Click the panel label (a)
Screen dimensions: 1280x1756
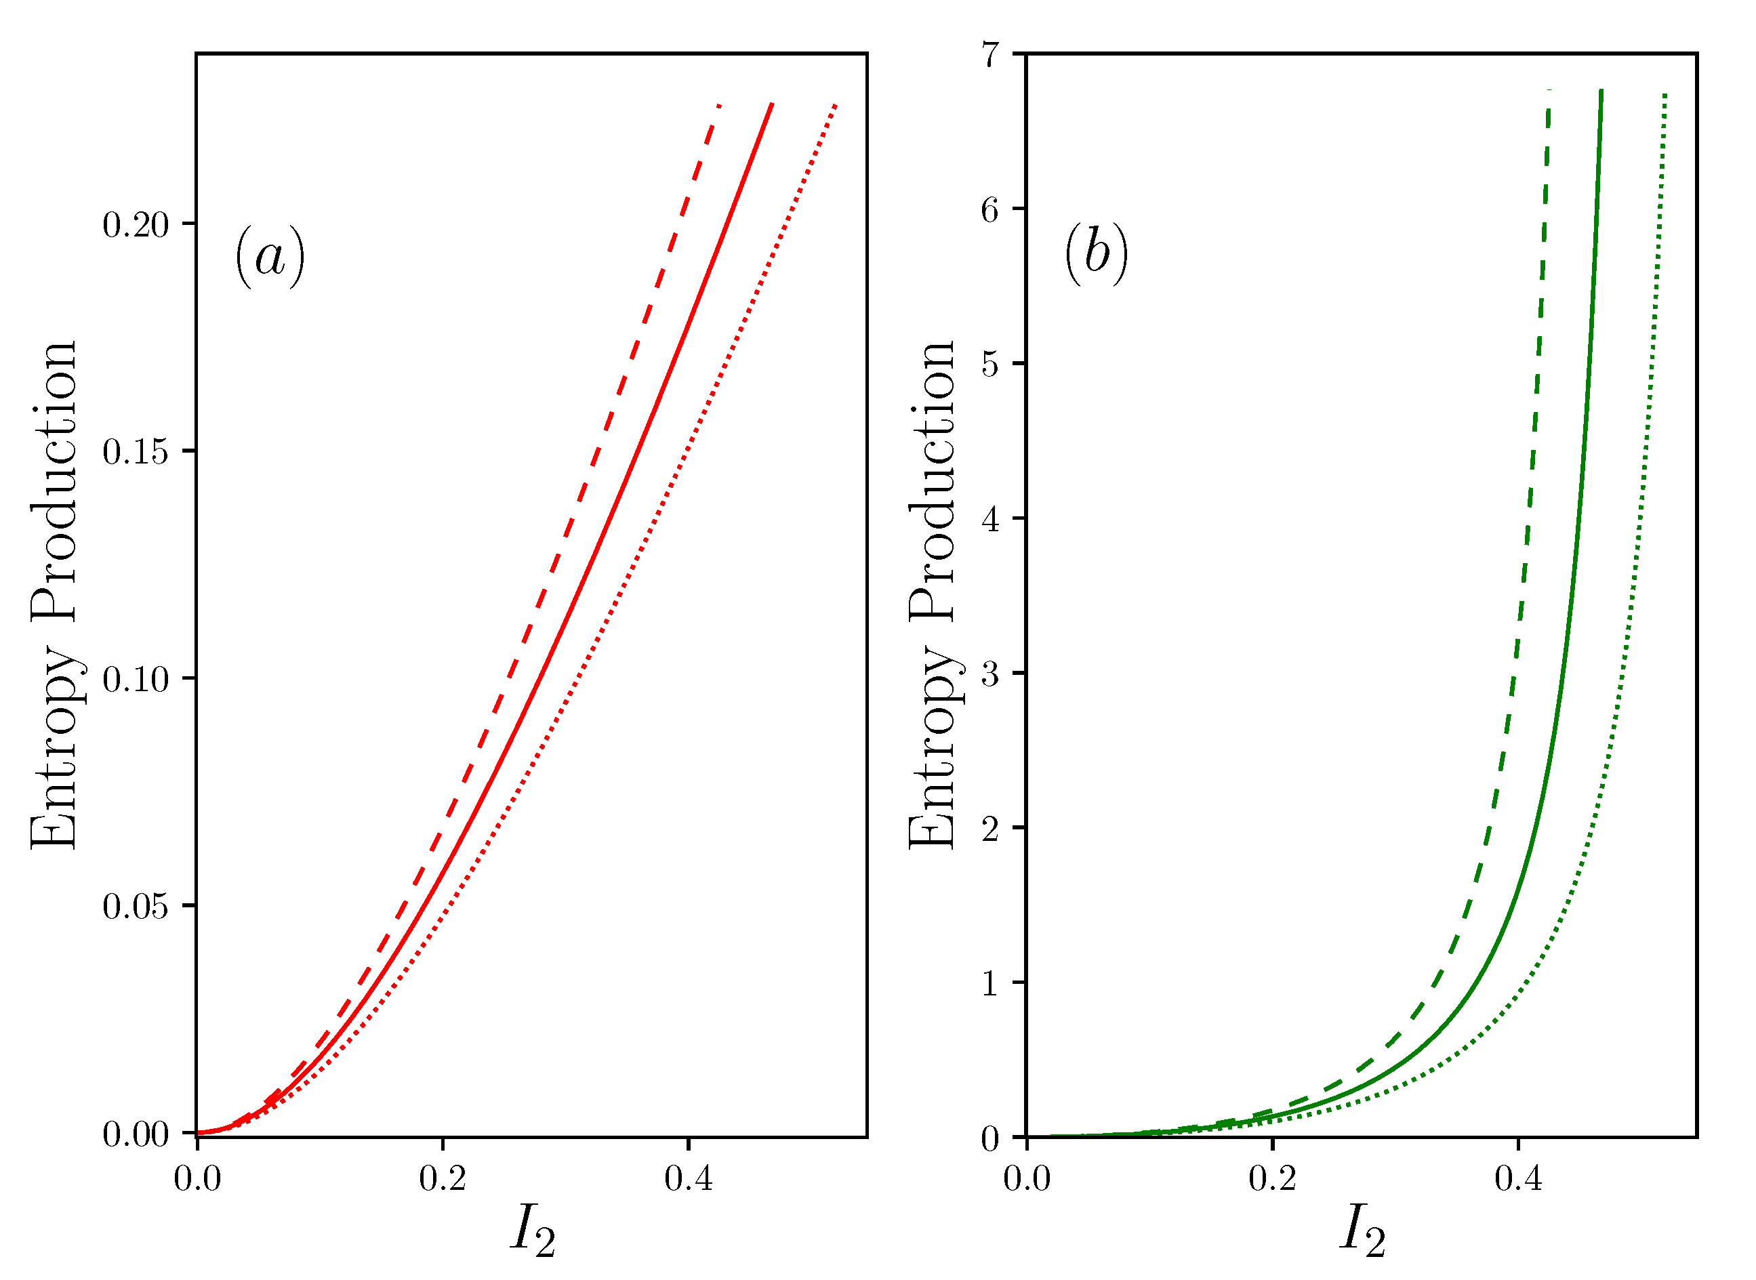(x=270, y=256)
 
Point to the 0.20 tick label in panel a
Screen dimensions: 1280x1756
(x=136, y=225)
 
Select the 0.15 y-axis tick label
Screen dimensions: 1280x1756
(x=136, y=452)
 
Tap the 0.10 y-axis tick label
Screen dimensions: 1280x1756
(x=136, y=680)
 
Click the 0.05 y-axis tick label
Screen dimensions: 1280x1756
(x=136, y=907)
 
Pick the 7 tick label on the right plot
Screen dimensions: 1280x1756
(x=990, y=55)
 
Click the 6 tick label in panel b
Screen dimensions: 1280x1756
(x=990, y=209)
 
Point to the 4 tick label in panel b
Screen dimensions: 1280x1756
(x=990, y=519)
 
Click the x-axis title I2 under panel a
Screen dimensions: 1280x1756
(x=533, y=1231)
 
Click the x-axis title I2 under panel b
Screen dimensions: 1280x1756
(x=1362, y=1231)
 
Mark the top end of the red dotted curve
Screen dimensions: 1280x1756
(x=836, y=104)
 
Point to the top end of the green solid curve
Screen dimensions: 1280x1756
(x=1601, y=91)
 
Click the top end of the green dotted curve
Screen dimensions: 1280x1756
(x=1665, y=96)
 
